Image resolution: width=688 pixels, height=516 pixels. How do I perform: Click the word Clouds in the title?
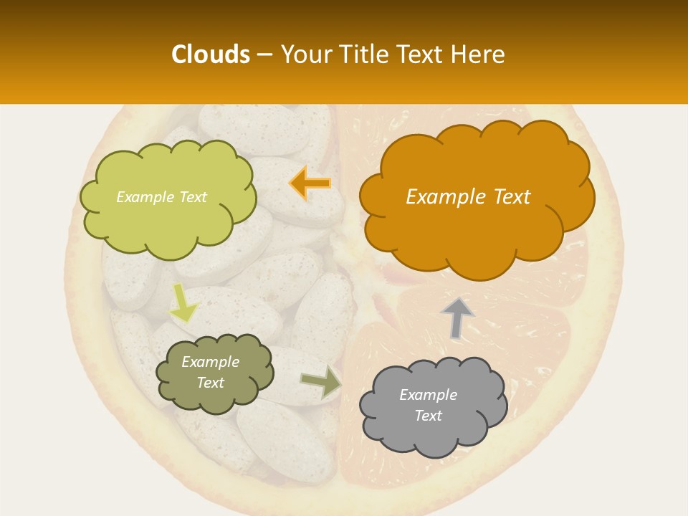click(211, 54)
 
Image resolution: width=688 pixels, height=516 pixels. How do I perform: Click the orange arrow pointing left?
click(310, 183)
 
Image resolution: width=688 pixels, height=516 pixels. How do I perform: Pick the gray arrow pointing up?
click(457, 317)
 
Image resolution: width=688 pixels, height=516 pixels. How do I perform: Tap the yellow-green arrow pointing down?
click(183, 304)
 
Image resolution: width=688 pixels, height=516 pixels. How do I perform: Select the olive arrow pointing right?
click(321, 381)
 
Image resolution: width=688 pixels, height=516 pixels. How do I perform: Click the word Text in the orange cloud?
click(512, 197)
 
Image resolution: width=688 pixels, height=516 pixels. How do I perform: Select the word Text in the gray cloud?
click(428, 416)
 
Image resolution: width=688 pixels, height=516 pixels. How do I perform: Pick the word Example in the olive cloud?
click(210, 362)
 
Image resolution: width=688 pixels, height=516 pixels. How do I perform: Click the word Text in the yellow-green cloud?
click(191, 197)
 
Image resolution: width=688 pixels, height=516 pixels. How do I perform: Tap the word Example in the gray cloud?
click(428, 395)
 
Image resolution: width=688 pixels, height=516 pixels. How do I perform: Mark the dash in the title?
click(264, 55)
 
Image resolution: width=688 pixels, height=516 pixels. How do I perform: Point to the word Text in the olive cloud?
click(210, 383)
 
